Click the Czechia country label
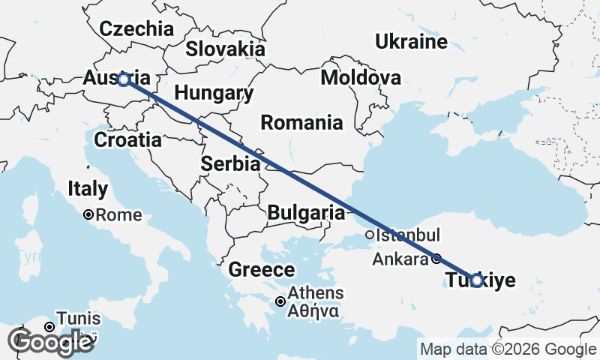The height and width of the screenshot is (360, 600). pos(136,29)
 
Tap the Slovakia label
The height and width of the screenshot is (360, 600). pos(225,49)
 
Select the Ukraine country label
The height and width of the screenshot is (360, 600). pos(412,41)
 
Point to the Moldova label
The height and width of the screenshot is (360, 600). pos(360,78)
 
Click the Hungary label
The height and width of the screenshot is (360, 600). pos(214,94)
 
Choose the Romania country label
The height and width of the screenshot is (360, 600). pos(301,122)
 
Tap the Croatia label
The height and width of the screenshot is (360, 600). pos(127,139)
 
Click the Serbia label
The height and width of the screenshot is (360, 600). pos(230,163)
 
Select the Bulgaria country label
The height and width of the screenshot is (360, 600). pos(306,212)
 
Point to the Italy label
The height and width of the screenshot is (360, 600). pos(88,189)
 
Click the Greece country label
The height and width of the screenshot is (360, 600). pos(261,270)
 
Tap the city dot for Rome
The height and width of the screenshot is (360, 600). pos(88,214)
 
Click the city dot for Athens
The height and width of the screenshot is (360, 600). pos(280,301)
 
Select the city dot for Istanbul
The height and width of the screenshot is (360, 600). pos(370,235)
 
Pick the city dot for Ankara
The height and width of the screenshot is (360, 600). pos(436,259)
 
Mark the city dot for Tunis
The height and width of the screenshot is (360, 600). pos(49,326)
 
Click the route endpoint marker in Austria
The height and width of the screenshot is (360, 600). pos(124,79)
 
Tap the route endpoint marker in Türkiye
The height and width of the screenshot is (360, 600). pos(475,280)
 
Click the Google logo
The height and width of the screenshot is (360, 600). pos(49,342)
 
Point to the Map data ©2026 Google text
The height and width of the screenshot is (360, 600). pos(508,349)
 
